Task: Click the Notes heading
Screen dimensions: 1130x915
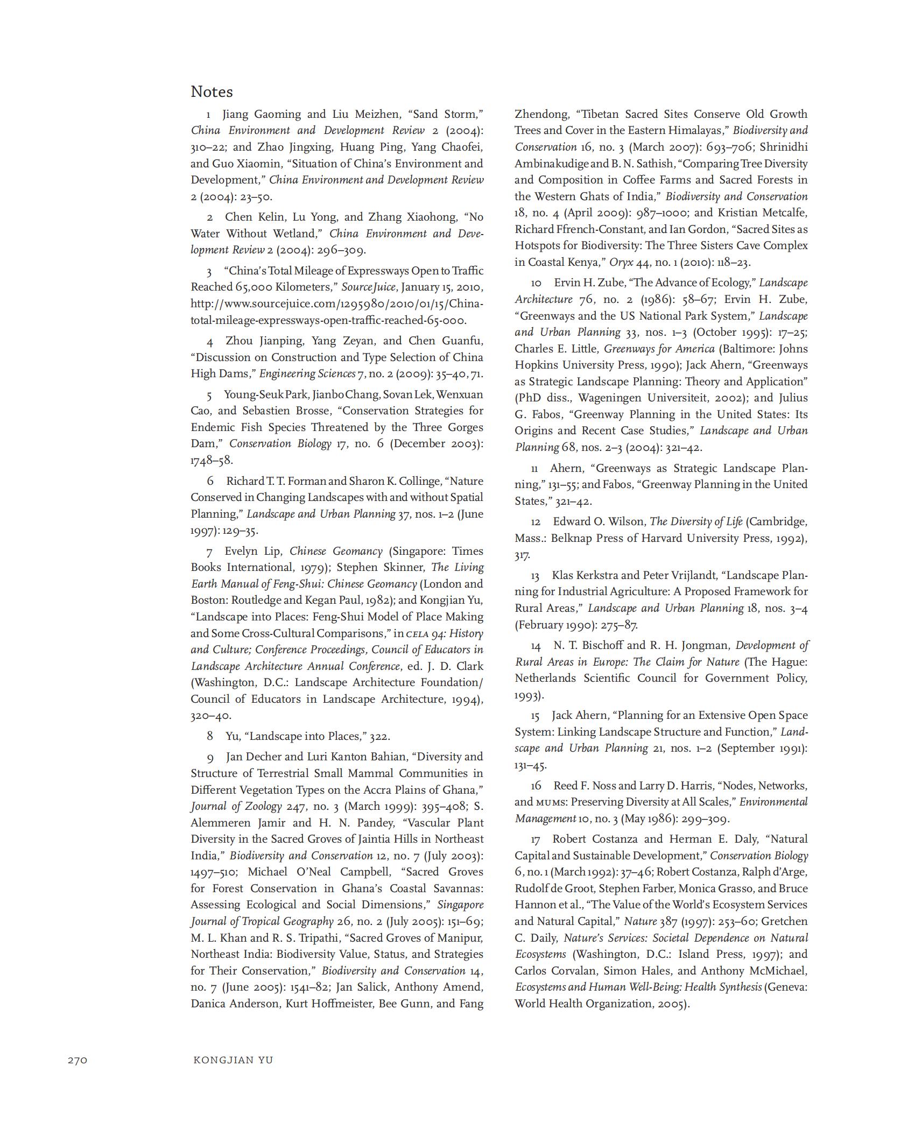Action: point(212,91)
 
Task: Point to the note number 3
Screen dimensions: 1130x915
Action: point(209,271)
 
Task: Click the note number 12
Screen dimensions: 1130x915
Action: point(536,522)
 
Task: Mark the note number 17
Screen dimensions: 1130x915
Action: point(535,839)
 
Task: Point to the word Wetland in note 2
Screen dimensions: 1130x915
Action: point(294,234)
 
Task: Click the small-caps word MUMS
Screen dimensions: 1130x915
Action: point(551,802)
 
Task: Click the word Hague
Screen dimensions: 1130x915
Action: point(790,662)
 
